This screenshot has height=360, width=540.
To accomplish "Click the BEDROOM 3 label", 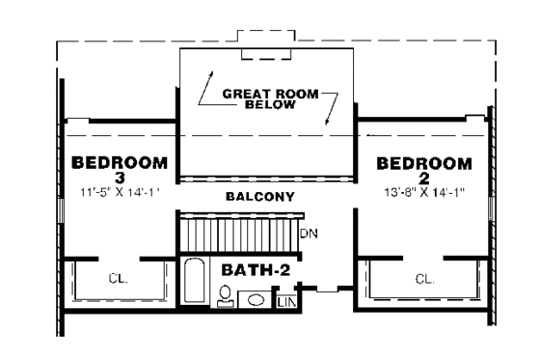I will (120, 170).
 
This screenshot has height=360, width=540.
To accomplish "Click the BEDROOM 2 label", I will (424, 170).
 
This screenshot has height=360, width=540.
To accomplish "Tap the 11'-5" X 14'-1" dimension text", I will (119, 190).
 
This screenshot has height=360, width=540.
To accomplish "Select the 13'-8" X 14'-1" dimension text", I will (424, 190).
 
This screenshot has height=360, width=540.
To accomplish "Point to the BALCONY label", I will (259, 197).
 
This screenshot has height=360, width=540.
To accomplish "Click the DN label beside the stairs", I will (310, 235).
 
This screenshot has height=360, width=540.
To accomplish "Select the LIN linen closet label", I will (287, 302).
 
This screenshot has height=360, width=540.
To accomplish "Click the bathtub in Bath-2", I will (193, 282).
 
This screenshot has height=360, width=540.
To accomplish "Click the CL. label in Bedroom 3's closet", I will (117, 280).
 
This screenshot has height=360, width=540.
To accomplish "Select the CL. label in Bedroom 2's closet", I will (424, 280).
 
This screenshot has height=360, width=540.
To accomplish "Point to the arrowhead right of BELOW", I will (329, 123).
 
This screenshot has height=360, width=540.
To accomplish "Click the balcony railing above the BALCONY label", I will (267, 179).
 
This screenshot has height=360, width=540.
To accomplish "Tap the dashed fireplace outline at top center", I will (267, 50).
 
